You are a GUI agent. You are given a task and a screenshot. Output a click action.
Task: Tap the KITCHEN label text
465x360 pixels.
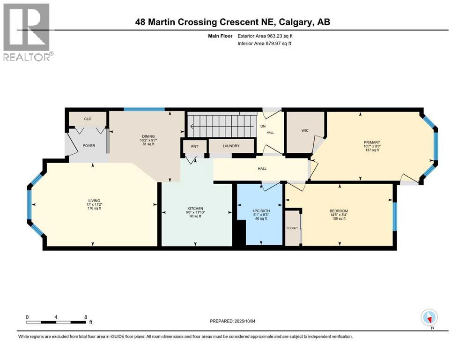[x=196, y=208]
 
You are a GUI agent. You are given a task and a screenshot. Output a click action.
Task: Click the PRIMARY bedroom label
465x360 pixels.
[x=372, y=142]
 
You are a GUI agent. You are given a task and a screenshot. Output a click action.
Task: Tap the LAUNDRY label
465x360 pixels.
[x=231, y=146]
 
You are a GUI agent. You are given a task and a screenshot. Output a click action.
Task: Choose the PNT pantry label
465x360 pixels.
[x=194, y=146]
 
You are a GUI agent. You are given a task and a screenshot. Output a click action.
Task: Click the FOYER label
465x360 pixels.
[x=89, y=146]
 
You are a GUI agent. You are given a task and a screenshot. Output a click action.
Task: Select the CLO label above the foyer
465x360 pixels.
[x=88, y=119]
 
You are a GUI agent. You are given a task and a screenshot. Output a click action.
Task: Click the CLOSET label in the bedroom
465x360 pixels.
[x=292, y=228]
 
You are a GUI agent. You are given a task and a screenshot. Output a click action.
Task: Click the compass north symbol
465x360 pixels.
[x=429, y=317]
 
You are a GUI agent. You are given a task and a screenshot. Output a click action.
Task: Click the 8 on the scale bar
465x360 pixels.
[x=86, y=317]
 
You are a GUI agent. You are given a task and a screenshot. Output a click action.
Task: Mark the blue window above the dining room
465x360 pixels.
[x=144, y=110]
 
